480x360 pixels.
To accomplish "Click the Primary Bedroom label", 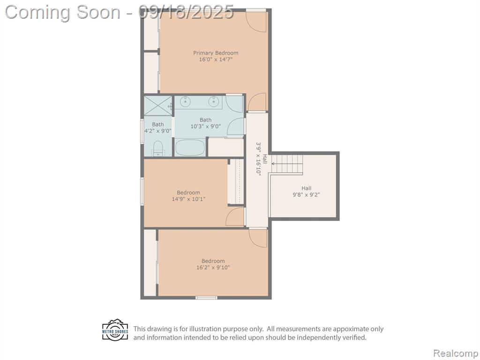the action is pos(216,53).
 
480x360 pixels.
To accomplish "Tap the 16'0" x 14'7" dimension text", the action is pos(216,60).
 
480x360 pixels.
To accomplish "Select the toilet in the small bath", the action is pos(158,149).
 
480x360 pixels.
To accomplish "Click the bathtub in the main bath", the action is pos(190,147).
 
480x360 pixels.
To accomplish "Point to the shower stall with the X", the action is pos(158,105).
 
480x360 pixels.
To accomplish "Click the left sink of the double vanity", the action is pos(185,101).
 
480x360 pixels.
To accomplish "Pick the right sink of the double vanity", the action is pos(214,101).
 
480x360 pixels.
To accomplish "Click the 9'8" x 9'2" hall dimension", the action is pos(306,195).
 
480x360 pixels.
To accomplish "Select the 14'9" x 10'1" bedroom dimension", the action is pos(188,199).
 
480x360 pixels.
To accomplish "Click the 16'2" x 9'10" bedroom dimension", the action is pos(213,268).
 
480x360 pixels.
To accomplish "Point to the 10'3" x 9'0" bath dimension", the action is pos(205,126).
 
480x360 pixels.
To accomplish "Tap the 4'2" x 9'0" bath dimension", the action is pos(157,131).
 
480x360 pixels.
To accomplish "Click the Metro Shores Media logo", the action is pos(115,330).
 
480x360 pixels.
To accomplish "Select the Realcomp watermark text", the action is pos(456,353).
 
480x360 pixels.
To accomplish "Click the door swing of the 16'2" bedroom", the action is pos(258,238).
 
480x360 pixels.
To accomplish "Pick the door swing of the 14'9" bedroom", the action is pos(235,217).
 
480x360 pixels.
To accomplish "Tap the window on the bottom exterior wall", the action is pos(206,298).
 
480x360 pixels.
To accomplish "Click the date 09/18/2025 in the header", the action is pos(186,12).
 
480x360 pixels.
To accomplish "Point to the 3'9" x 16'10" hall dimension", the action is pos(259,158).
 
